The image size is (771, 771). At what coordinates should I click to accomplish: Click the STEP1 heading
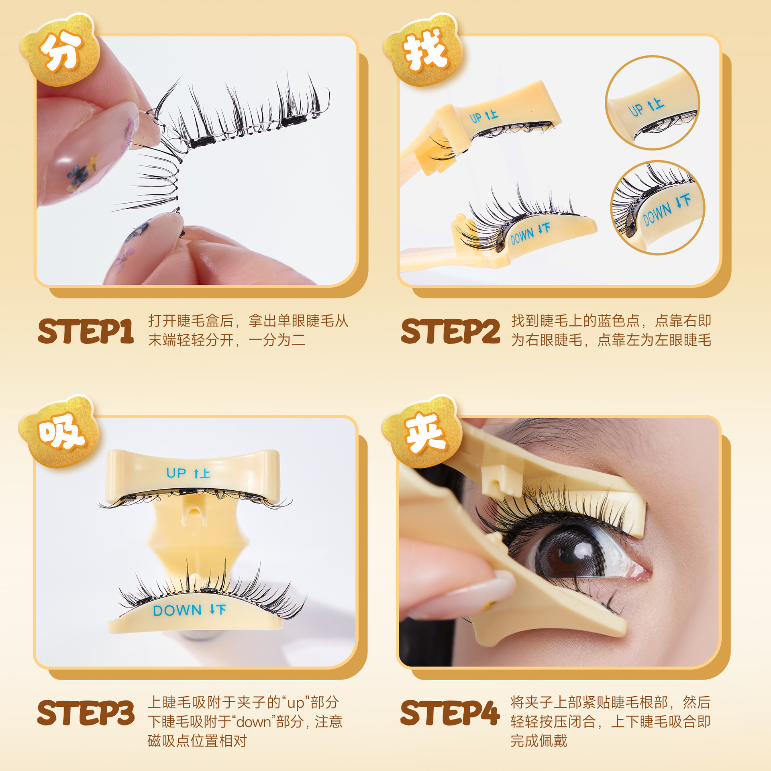pyautogui.click(x=86, y=331)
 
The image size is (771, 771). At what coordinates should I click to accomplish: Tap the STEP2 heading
pyautogui.click(x=451, y=331)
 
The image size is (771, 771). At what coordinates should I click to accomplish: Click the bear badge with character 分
pyautogui.click(x=60, y=50)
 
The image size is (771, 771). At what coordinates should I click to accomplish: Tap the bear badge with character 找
pyautogui.click(x=424, y=50)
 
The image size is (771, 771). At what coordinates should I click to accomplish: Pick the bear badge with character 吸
pyautogui.click(x=59, y=432)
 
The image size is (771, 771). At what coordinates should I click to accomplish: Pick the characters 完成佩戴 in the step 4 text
pyautogui.click(x=539, y=741)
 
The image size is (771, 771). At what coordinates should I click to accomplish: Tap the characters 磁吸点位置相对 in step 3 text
pyautogui.click(x=197, y=741)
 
